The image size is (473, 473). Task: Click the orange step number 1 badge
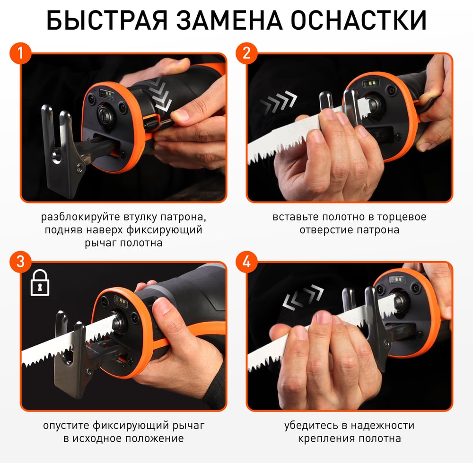tap(20, 53)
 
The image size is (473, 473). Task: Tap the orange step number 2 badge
tap(247, 53)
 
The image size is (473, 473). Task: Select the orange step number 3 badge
tap(20, 262)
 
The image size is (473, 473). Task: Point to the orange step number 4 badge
tap(247, 262)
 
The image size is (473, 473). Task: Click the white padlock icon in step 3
tap(40, 283)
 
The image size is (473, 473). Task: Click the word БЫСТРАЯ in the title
tap(107, 20)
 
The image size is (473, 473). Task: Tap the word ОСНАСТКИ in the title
tap(359, 20)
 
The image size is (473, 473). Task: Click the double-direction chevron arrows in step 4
tap(303, 297)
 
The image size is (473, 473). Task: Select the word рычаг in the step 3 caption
tap(189, 426)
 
